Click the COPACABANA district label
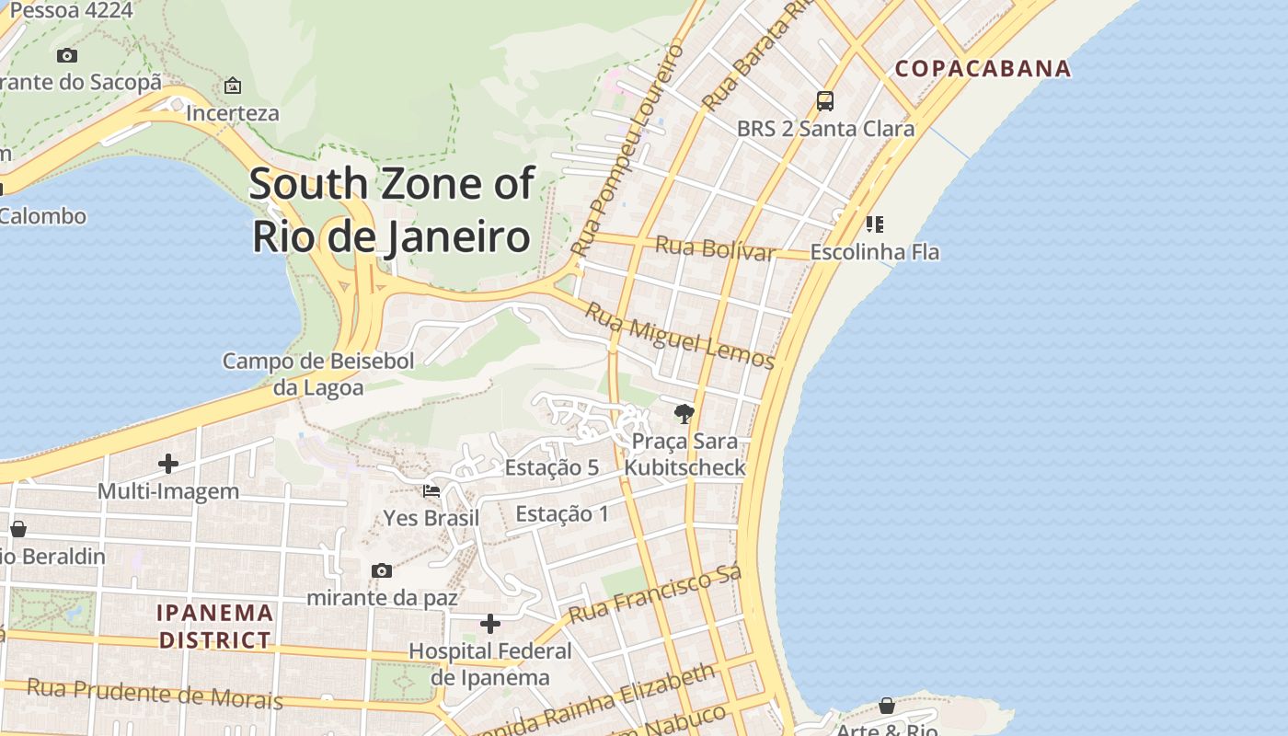pos(983,68)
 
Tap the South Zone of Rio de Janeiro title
pos(391,210)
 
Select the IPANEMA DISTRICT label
pos(215,626)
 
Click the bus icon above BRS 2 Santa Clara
pos(825,101)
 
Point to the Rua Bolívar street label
pos(715,248)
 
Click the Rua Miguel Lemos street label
pos(680,336)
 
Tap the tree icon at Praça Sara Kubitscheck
pos(684,414)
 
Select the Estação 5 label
pos(552,467)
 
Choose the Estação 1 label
pos(562,513)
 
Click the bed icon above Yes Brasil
pos(431,490)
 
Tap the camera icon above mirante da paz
pos(382,570)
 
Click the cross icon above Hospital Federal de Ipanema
pos(490,624)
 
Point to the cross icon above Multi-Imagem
pos(168,463)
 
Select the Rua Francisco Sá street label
pos(655,595)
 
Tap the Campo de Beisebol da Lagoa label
pos(318,374)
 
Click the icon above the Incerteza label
pos(233,86)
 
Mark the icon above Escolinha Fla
pos(874,224)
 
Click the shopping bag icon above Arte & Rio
pos(887,706)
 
